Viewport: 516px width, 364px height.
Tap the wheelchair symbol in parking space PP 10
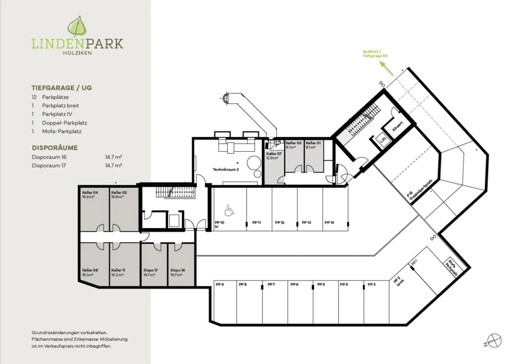pyautogui.click(x=229, y=210)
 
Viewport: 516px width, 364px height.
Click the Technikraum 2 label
pyautogui.click(x=226, y=169)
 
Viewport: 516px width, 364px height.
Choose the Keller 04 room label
pyautogui.click(x=90, y=193)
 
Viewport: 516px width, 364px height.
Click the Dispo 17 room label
pyautogui.click(x=150, y=270)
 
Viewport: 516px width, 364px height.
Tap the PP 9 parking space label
pyautogui.click(x=220, y=284)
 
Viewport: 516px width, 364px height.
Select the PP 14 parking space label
pyautogui.click(x=329, y=222)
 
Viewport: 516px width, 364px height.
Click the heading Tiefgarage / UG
pyautogui.click(x=62, y=88)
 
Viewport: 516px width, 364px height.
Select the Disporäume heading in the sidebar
pyautogui.click(x=54, y=148)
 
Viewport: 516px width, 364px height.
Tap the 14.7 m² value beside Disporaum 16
pyautogui.click(x=113, y=157)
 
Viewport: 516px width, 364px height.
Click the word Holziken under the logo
pyautogui.click(x=77, y=53)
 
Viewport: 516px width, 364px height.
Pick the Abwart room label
pyautogui.click(x=398, y=126)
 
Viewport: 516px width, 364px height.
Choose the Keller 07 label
pyautogui.click(x=274, y=154)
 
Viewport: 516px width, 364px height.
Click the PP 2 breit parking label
pyautogui.click(x=398, y=281)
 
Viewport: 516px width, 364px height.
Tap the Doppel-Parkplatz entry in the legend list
pyautogui.click(x=64, y=123)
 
